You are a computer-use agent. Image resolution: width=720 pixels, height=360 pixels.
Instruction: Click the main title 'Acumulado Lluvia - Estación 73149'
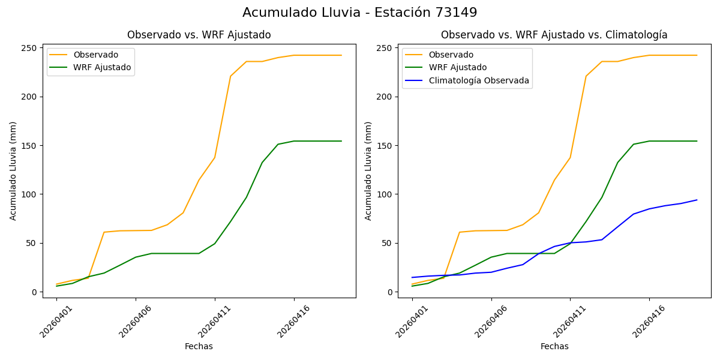click(360, 13)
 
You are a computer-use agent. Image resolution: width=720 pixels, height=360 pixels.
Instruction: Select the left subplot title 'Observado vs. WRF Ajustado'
click(199, 35)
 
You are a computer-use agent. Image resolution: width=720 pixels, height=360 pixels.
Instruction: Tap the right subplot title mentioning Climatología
click(554, 35)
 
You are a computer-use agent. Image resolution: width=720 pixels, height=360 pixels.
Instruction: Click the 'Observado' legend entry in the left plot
click(95, 55)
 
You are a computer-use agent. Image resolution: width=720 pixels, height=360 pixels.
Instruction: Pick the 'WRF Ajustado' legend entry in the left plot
click(102, 67)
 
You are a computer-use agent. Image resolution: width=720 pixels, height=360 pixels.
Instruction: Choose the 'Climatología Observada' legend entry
click(478, 80)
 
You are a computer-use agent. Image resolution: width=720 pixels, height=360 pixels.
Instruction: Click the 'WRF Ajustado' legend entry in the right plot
click(457, 67)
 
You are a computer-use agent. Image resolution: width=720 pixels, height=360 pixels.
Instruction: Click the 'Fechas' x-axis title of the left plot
click(199, 346)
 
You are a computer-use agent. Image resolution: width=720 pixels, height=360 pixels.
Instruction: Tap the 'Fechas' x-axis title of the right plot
click(554, 346)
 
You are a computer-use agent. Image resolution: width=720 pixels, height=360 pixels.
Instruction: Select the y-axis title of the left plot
click(13, 170)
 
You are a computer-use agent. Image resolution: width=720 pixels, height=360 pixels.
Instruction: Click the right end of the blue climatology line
click(697, 200)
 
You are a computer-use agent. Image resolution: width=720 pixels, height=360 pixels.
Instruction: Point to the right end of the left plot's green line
click(341, 141)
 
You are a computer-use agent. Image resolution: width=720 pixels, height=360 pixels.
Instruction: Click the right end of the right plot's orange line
click(697, 55)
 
